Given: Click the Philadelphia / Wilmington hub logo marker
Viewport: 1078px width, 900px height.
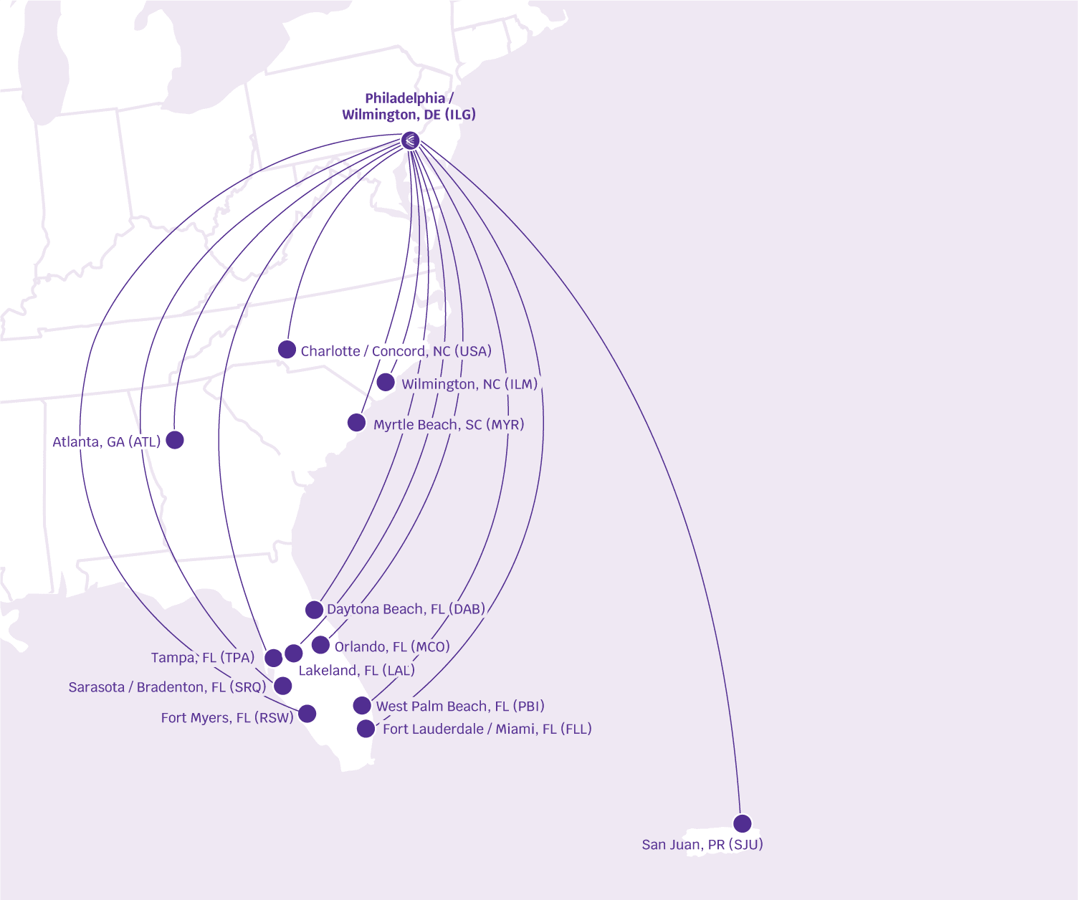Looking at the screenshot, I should pyautogui.click(x=410, y=140).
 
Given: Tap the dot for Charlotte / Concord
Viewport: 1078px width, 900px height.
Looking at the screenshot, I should pyautogui.click(x=287, y=350).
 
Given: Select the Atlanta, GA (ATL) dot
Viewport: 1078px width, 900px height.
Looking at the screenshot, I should pyautogui.click(x=175, y=440).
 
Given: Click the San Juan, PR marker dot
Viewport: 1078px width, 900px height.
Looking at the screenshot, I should pyautogui.click(x=743, y=823).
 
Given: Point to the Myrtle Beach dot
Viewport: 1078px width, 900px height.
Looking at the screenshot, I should pyautogui.click(x=356, y=423).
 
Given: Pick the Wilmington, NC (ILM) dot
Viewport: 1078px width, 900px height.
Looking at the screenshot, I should pyautogui.click(x=386, y=382).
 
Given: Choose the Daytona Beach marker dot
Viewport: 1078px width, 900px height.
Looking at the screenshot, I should pyautogui.click(x=314, y=610).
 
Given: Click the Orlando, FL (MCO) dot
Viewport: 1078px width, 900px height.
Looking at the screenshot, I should pyautogui.click(x=320, y=645).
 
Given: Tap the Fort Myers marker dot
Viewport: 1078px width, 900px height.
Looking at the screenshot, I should pyautogui.click(x=307, y=714).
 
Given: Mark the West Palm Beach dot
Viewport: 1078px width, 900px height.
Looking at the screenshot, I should pyautogui.click(x=362, y=706).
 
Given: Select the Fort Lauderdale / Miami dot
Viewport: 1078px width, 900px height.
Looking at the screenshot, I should pyautogui.click(x=366, y=729).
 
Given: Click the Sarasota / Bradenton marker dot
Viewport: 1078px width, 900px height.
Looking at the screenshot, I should pyautogui.click(x=283, y=686).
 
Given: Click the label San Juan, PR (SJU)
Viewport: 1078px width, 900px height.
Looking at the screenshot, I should pyautogui.click(x=702, y=845).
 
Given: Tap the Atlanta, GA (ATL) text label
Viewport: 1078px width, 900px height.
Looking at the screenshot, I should pyautogui.click(x=107, y=442).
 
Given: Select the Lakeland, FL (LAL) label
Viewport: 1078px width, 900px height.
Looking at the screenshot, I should pyautogui.click(x=356, y=671).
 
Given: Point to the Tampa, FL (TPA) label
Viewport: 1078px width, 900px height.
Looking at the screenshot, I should pyautogui.click(x=203, y=658).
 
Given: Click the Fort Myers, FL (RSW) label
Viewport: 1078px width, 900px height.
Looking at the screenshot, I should pyautogui.click(x=227, y=718).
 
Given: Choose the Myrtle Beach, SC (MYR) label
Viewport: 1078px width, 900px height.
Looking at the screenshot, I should pyautogui.click(x=449, y=425).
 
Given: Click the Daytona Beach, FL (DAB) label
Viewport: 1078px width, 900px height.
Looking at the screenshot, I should pyautogui.click(x=406, y=609).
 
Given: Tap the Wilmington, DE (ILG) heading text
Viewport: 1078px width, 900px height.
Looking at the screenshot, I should pyautogui.click(x=409, y=115).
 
